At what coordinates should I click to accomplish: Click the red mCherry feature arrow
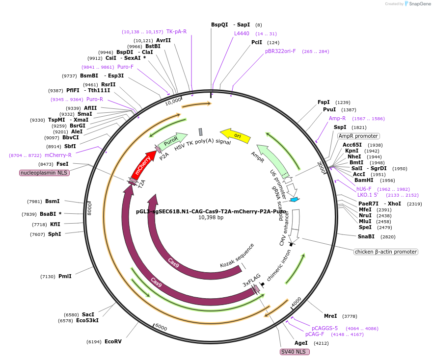pyautogui.click(x=144, y=163)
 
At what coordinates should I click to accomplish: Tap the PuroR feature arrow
pyautogui.click(x=172, y=140)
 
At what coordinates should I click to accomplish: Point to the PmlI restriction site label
pyautogui.click(x=65, y=276)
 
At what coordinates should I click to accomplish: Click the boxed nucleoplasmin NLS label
pyautogui.click(x=44, y=173)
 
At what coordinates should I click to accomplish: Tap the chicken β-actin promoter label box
pyautogui.click(x=385, y=252)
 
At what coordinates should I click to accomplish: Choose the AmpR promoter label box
pyautogui.click(x=358, y=136)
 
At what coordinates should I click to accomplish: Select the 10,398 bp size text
pyautogui.click(x=211, y=217)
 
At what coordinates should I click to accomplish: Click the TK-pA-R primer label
pyautogui.click(x=176, y=31)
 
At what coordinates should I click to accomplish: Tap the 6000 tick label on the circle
pyautogui.click(x=161, y=328)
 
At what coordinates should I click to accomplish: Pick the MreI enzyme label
pyautogui.click(x=330, y=316)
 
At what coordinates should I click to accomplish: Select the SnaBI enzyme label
pyautogui.click(x=366, y=236)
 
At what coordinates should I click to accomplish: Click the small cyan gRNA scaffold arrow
pyautogui.click(x=295, y=200)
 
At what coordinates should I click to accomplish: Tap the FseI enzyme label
pyautogui.click(x=62, y=164)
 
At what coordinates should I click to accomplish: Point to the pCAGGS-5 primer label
pyautogui.click(x=325, y=328)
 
